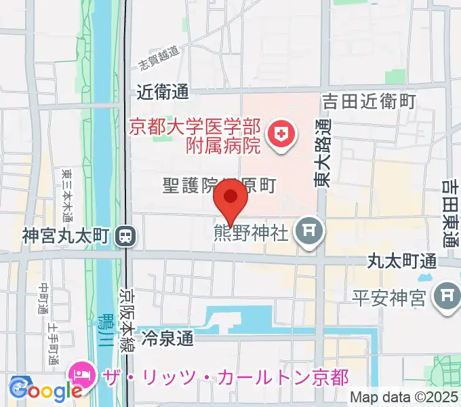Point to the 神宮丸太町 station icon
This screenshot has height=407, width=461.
125,236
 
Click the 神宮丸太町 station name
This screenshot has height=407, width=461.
66,236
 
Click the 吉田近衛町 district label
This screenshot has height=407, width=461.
369,102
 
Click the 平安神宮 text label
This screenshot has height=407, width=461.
389,296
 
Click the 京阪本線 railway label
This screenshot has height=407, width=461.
127,319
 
